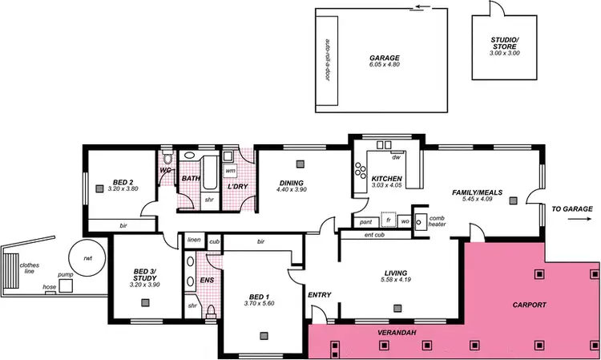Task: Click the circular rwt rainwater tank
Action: pyautogui.click(x=86, y=256)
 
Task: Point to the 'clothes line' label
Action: pyautogui.click(x=30, y=269)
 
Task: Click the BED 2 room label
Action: pyautogui.click(x=123, y=181)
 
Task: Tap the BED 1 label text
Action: pyautogui.click(x=260, y=303)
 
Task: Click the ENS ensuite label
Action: pyautogui.click(x=207, y=281)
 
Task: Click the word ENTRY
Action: pyautogui.click(x=319, y=296)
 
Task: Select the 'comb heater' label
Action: pyautogui.click(x=437, y=220)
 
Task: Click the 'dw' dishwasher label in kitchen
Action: pyautogui.click(x=395, y=156)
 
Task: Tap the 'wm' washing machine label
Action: pyautogui.click(x=230, y=170)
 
